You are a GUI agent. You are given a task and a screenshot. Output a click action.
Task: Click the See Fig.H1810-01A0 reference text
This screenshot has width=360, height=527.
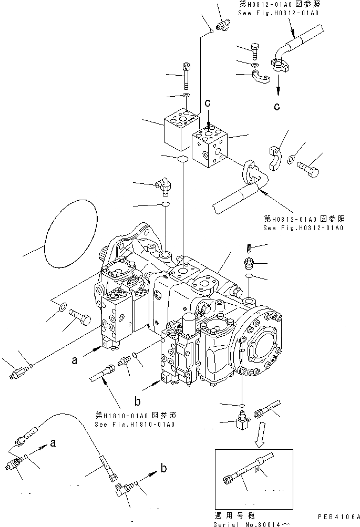pyautogui.click(x=135, y=425)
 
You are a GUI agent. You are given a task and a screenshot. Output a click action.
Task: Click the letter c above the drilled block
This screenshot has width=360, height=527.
pyautogui.click(x=208, y=104)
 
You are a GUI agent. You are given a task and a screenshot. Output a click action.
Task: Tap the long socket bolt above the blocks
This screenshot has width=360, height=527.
pyautogui.click(x=186, y=76)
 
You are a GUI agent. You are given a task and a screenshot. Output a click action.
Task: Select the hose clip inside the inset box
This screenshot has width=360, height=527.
pyautogui.click(x=258, y=466)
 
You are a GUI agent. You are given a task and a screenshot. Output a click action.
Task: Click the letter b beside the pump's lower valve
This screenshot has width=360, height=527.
pyautogui.click(x=138, y=402)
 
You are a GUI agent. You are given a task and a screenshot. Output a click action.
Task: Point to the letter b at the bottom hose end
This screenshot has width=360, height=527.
pyautogui.click(x=163, y=468)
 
